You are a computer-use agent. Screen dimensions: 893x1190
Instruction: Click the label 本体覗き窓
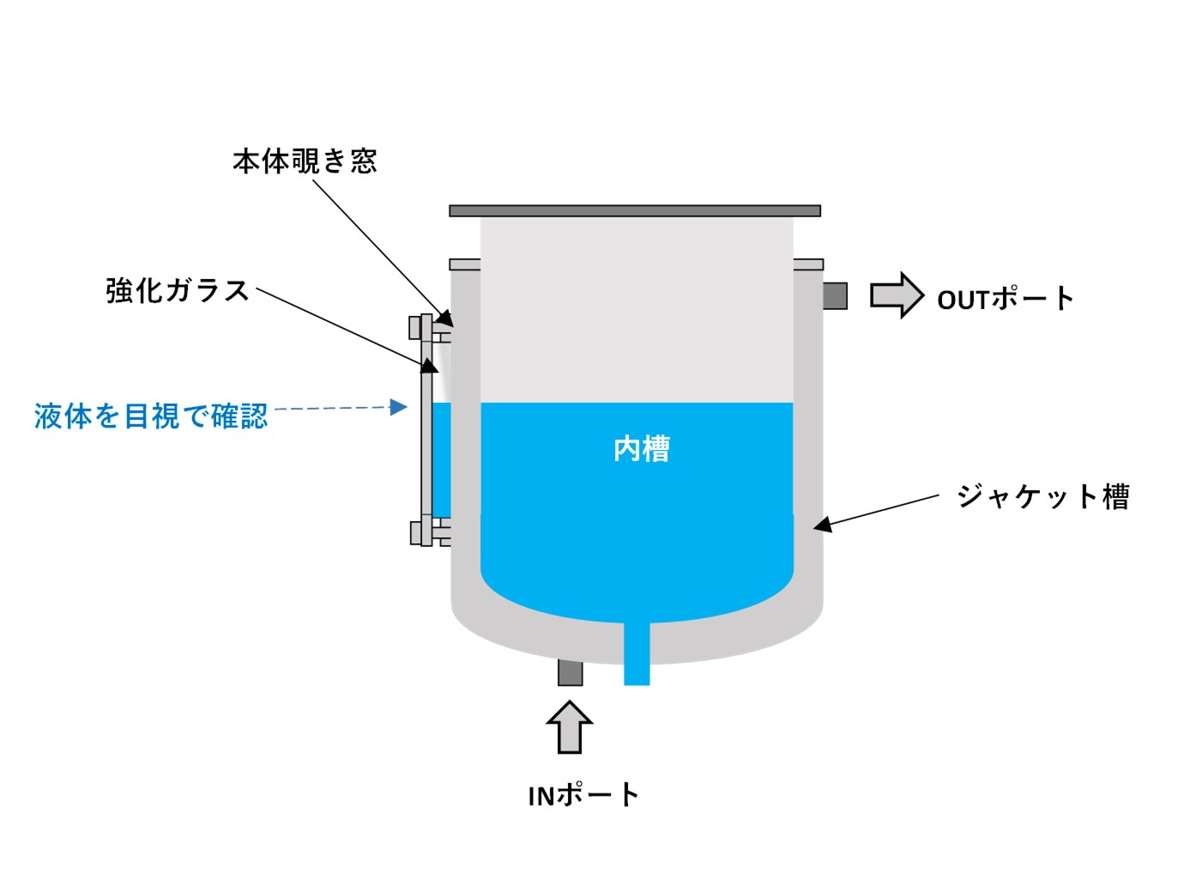pos(305,161)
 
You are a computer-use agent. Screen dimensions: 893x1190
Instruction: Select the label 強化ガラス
pos(178,291)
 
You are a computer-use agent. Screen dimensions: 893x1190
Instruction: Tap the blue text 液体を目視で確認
pos(151,416)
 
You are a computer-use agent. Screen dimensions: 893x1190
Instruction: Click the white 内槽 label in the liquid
pos(642,448)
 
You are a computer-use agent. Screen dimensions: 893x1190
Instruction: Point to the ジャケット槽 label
pos(1043,496)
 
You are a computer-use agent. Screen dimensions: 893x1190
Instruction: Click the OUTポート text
pos(1005,299)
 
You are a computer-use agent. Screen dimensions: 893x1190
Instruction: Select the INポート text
pos(583,795)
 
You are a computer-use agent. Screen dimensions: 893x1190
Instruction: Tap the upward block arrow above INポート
pos(570,726)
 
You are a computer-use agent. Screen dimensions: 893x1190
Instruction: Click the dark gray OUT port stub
pos(835,295)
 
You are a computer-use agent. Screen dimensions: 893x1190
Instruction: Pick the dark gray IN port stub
pos(570,671)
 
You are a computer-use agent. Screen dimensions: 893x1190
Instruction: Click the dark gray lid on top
pos(635,210)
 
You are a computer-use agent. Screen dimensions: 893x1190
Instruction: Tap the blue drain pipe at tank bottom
pos(637,657)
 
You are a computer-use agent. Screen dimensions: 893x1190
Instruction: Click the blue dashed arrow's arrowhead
pos(399,407)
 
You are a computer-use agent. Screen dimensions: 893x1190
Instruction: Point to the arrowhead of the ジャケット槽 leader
pos(822,524)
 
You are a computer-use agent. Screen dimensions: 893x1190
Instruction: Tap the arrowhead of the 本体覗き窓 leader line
pos(445,319)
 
